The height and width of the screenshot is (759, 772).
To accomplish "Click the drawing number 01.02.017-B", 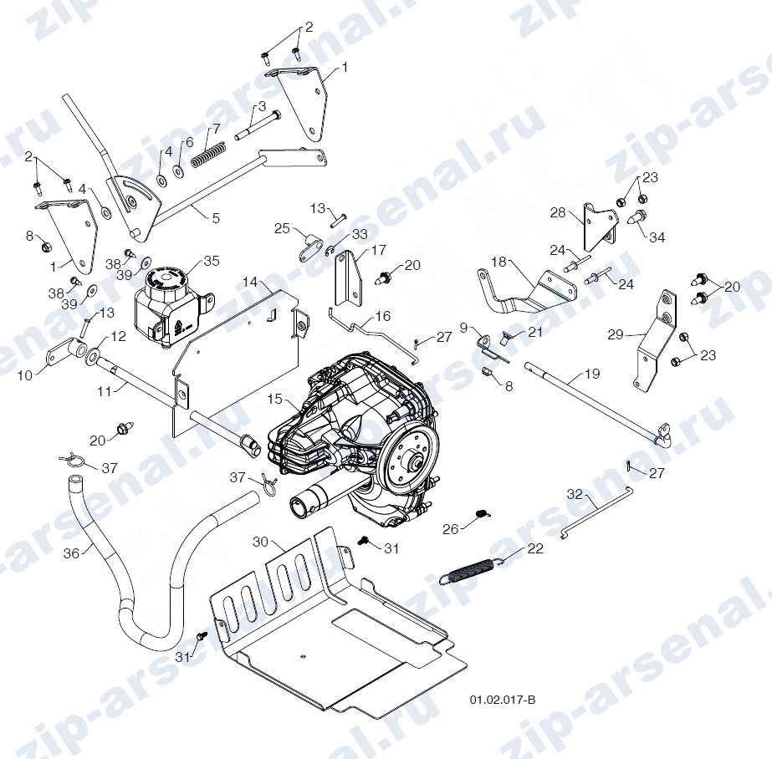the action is (x=502, y=700).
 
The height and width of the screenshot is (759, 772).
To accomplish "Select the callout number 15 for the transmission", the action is (x=274, y=399).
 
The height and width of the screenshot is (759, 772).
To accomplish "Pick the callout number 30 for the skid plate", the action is (x=260, y=542).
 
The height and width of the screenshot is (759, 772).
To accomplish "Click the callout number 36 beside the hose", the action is (x=71, y=553).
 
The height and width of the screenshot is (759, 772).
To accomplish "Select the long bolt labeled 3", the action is (x=257, y=125).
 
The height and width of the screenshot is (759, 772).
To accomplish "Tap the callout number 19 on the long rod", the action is (x=592, y=374).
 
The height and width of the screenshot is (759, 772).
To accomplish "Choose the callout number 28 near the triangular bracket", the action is (x=558, y=213).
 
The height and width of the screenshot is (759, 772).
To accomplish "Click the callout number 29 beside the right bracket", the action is (x=616, y=335).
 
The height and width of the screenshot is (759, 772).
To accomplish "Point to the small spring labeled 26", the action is (x=483, y=513).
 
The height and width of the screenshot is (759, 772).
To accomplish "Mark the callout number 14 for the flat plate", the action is (x=251, y=282).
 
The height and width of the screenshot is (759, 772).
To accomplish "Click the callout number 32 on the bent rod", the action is (x=575, y=493).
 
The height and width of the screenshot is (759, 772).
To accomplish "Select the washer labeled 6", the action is (x=178, y=171).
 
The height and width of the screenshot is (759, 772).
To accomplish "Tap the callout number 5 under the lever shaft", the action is (x=216, y=218).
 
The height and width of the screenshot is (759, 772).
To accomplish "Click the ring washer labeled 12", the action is (x=94, y=354).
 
